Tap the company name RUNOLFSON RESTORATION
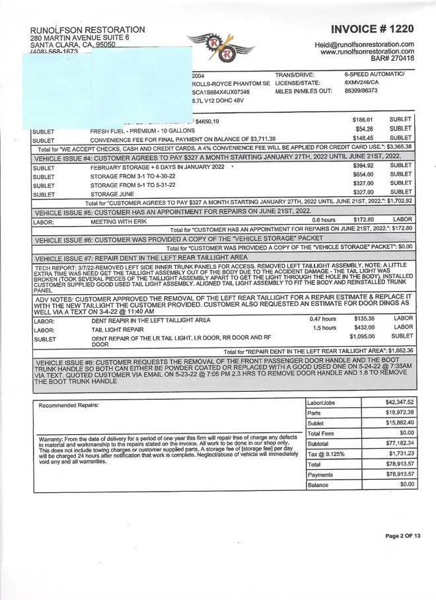(x=88, y=30)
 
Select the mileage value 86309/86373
(x=361, y=91)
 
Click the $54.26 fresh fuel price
(x=364, y=129)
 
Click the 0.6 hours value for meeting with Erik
(x=324, y=219)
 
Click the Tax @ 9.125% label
(x=326, y=454)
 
